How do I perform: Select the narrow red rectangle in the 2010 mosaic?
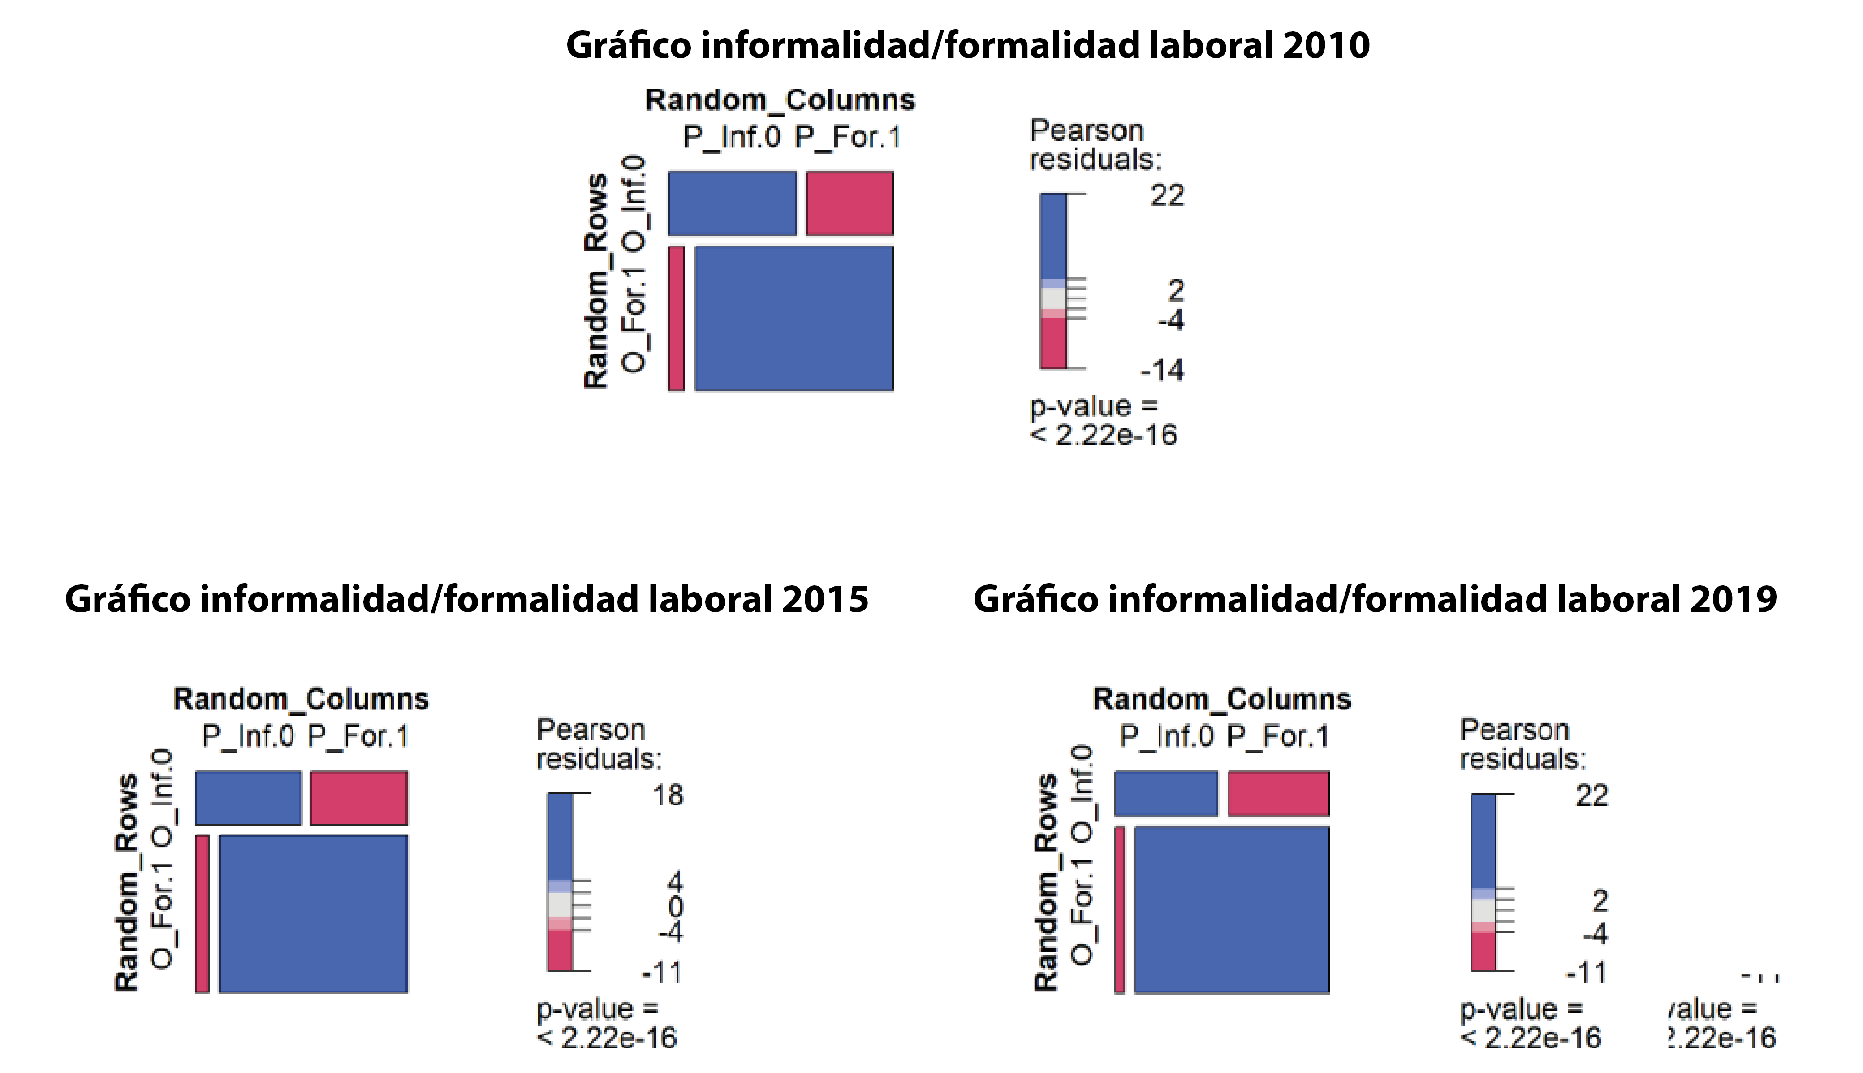(676, 318)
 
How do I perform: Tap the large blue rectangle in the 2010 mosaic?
(793, 318)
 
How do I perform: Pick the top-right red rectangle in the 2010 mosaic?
(850, 203)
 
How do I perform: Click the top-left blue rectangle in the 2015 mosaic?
(248, 798)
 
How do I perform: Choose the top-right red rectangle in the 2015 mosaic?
(359, 798)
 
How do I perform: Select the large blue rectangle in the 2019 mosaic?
(1232, 910)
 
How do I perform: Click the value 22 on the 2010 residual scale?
(1168, 196)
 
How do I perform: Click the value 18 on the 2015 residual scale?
(668, 796)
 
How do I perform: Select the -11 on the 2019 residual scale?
(1586, 974)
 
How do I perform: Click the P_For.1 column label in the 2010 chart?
(847, 138)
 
